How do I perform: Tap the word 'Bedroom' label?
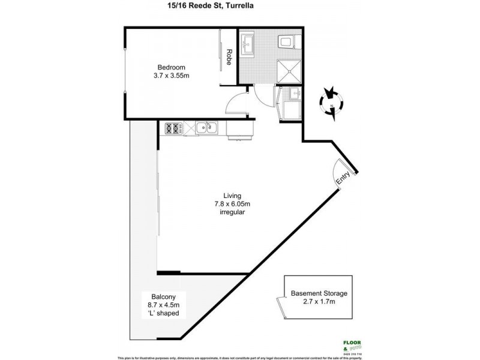pyautogui.click(x=171, y=67)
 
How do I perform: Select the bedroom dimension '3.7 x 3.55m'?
pyautogui.click(x=171, y=76)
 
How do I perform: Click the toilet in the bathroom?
pyautogui.click(x=287, y=42)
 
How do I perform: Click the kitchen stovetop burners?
pyautogui.click(x=174, y=127)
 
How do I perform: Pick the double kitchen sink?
pyautogui.click(x=207, y=127)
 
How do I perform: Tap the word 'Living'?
pyautogui.click(x=232, y=196)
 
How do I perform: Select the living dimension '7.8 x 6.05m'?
pyautogui.click(x=232, y=204)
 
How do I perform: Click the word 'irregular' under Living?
pyautogui.click(x=232, y=212)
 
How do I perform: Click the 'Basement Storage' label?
pyautogui.click(x=319, y=293)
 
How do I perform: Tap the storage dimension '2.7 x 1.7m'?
pyautogui.click(x=319, y=302)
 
